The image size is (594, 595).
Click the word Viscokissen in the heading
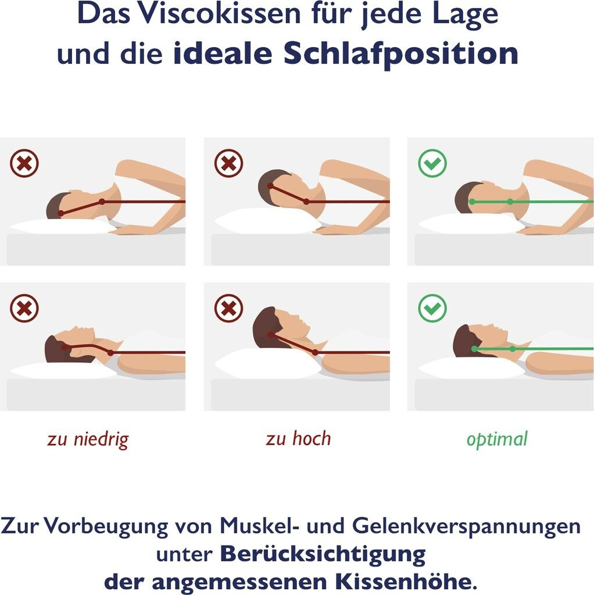[219, 14]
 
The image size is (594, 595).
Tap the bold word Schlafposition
[401, 53]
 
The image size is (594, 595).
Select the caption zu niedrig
[88, 439]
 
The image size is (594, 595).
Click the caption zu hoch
[298, 438]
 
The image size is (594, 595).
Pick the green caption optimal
[497, 439]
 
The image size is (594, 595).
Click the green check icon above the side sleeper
[432, 163]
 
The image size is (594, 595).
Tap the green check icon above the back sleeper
[432, 308]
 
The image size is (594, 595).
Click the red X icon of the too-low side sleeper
[24, 163]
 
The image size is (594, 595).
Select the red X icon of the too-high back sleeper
[228, 308]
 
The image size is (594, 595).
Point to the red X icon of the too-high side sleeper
[228, 163]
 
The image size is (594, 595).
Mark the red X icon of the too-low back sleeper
[24, 308]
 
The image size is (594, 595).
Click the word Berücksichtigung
[323, 555]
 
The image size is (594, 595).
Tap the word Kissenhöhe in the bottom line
[406, 581]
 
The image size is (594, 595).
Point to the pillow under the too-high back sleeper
[268, 364]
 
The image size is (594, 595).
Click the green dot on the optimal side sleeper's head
[472, 202]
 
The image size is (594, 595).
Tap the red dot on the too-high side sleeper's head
[270, 186]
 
